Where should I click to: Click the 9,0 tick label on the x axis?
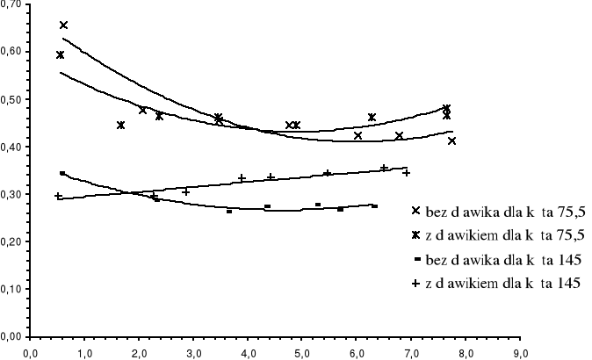click(x=521, y=353)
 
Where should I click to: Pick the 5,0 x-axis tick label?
click(x=302, y=353)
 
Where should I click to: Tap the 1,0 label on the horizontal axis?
click(x=84, y=353)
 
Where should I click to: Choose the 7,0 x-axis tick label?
click(x=412, y=353)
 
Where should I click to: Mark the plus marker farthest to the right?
click(x=407, y=173)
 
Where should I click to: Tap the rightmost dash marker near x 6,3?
click(x=375, y=205)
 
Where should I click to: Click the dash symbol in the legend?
click(x=416, y=259)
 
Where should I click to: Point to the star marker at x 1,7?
click(x=121, y=126)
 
